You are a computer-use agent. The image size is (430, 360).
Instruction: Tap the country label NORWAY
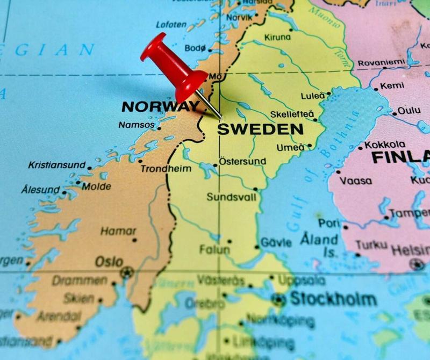pos(160,106)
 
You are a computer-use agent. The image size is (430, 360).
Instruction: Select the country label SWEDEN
pos(260,129)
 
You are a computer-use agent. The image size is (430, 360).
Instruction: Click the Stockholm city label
pos(333,299)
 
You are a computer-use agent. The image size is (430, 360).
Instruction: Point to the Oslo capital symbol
pos(127,272)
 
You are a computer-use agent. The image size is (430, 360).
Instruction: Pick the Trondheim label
pos(166,169)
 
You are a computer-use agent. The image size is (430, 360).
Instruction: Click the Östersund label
pos(242,161)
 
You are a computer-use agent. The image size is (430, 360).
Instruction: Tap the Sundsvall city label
pos(231,197)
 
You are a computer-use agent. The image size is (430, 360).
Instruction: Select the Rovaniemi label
pos(382,62)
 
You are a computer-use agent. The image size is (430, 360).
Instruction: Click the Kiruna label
pos(277,38)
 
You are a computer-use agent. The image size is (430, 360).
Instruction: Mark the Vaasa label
pos(356,181)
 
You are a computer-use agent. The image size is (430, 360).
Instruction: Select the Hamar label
pos(118,231)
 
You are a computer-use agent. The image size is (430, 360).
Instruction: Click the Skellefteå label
pos(292,114)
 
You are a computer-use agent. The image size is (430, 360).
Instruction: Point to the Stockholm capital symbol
pos(278,299)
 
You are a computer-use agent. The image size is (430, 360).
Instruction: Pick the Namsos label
pos(137,125)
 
